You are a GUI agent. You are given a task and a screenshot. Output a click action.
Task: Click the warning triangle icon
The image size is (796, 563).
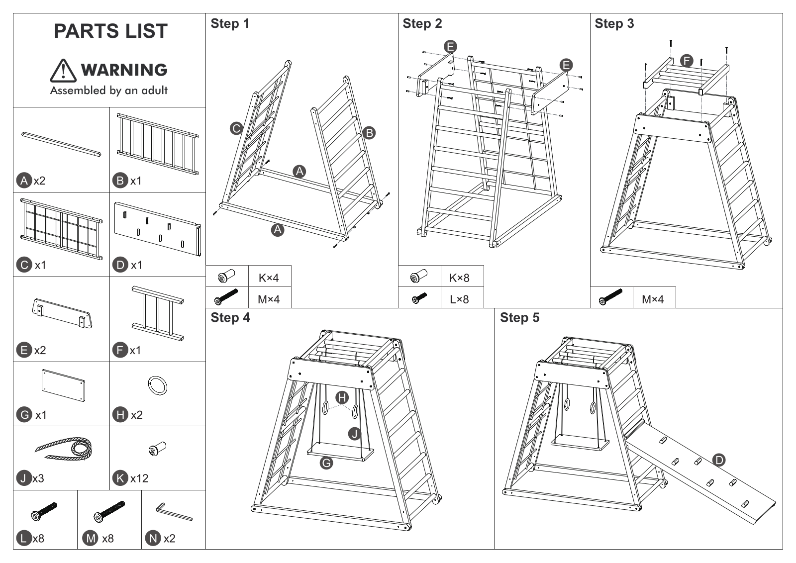pyautogui.click(x=63, y=71)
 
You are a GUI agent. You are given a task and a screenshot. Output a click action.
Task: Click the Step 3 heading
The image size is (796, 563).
pyautogui.click(x=614, y=24)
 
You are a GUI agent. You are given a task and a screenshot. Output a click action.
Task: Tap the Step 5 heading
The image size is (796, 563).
pyautogui.click(x=519, y=317)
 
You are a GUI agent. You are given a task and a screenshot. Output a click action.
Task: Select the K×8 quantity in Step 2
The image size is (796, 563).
pyautogui.click(x=459, y=278)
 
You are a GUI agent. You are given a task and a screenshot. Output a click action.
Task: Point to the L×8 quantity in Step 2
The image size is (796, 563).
pyautogui.click(x=459, y=299)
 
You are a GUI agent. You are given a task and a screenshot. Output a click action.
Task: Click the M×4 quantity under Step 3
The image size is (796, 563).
pyautogui.click(x=652, y=299)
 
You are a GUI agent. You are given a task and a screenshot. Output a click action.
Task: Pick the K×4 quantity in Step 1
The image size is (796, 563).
pyautogui.click(x=269, y=278)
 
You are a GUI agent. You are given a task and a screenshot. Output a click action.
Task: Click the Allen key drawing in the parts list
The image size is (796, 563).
pyautogui.click(x=174, y=511)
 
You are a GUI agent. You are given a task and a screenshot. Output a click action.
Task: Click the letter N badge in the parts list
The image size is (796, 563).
pyautogui.click(x=153, y=539)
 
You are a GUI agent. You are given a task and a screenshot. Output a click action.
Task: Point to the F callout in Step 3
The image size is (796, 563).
pyautogui.click(x=687, y=61)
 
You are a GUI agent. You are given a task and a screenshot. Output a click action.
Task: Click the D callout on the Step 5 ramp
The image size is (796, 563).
pyautogui.click(x=719, y=461)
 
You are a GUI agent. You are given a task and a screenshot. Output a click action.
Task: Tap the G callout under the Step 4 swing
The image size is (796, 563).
pyautogui.click(x=326, y=463)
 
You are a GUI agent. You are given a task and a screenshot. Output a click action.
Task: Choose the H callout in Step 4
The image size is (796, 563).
pyautogui.click(x=342, y=397)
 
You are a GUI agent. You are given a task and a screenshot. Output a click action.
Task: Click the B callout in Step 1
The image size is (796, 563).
pyautogui.click(x=369, y=133)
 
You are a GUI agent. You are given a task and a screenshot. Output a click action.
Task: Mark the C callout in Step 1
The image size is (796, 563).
pyautogui.click(x=236, y=128)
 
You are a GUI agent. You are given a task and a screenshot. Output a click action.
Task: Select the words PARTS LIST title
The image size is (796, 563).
pyautogui.click(x=111, y=31)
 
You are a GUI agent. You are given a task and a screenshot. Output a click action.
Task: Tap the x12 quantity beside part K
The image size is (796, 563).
pyautogui.click(x=139, y=478)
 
